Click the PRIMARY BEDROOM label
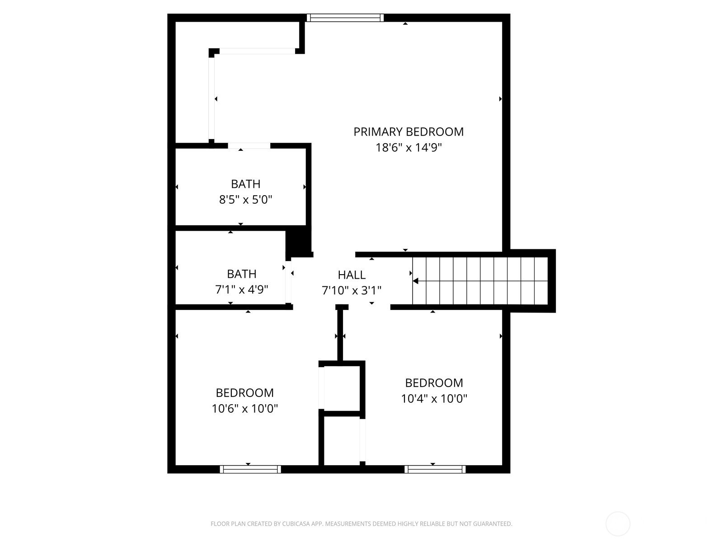408,131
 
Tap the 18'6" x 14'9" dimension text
408,147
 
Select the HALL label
352,275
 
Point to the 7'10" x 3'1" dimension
352,290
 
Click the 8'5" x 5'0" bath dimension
246,200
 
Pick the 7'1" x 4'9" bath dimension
241,290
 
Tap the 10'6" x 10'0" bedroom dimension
245,408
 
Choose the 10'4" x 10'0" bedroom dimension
434,398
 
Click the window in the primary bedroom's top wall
345,18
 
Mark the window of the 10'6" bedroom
250,469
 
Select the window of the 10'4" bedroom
435,469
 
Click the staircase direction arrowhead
416,281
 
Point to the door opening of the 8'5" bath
249,146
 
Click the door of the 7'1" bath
288,282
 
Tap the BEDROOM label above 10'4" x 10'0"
434,383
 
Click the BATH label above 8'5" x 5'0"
246,184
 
